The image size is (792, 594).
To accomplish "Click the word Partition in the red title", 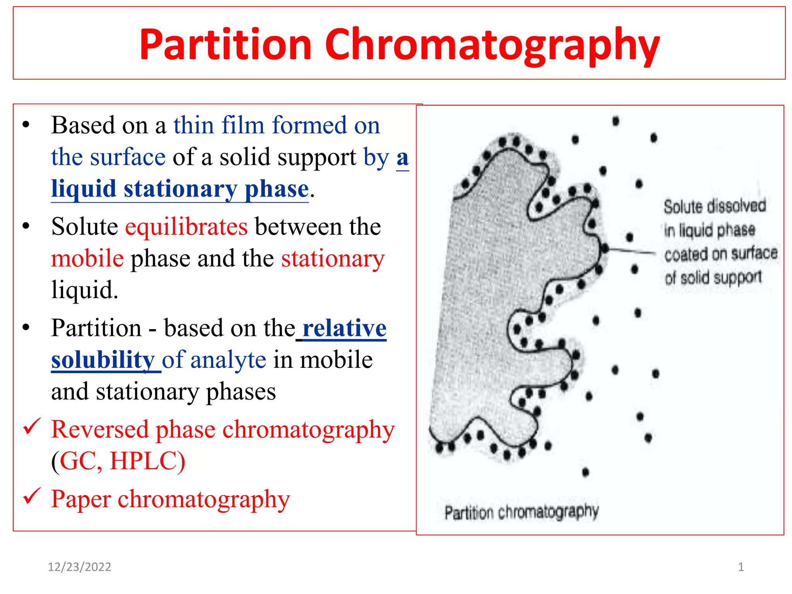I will click(x=225, y=45).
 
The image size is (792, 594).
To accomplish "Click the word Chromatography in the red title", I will click(x=492, y=45).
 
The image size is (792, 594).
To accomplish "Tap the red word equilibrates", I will click(x=186, y=227).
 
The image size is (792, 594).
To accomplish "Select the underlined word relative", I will click(x=344, y=328).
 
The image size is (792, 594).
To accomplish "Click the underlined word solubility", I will click(x=103, y=360).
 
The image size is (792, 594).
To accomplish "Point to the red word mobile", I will click(x=87, y=258).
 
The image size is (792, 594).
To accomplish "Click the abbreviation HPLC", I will click(x=147, y=461).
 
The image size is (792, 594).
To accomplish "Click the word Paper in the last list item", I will click(x=81, y=499).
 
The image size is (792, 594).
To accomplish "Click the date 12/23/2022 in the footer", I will click(x=79, y=567).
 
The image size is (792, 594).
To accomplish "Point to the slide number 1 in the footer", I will click(x=741, y=567).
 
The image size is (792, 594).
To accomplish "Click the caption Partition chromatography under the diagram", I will click(x=521, y=512).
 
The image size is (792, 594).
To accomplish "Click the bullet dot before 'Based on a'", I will click(x=26, y=125).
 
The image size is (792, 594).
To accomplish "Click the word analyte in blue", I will click(x=228, y=360).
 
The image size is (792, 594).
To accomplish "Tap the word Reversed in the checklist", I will click(x=100, y=429).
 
